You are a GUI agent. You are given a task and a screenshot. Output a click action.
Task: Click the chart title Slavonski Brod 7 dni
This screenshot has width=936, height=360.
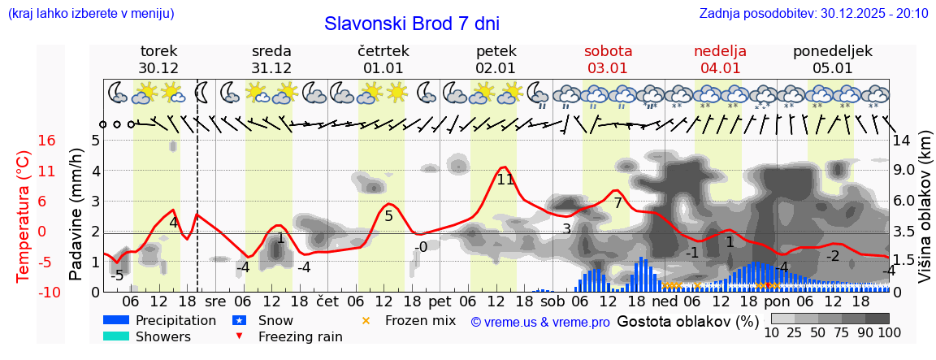(x=411, y=24)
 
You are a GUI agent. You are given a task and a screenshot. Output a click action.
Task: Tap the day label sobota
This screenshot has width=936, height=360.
(x=608, y=51)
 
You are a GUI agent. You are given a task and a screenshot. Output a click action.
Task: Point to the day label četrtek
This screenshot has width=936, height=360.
(x=383, y=51)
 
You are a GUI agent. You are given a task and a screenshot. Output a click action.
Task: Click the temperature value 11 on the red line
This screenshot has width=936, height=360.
(x=505, y=180)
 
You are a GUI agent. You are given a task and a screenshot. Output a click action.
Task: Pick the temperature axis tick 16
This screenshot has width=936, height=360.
(x=47, y=141)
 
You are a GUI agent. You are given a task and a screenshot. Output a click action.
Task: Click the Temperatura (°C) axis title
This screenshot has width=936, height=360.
(x=24, y=215)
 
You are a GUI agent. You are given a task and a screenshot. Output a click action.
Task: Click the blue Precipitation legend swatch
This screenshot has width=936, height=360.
(x=116, y=320)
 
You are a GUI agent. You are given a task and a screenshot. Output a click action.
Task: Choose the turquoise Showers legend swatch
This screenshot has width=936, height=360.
(x=116, y=336)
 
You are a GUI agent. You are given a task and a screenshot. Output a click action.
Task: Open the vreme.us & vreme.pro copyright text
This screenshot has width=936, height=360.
(x=540, y=322)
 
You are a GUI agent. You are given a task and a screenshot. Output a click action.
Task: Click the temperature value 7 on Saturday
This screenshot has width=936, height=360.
(x=617, y=203)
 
